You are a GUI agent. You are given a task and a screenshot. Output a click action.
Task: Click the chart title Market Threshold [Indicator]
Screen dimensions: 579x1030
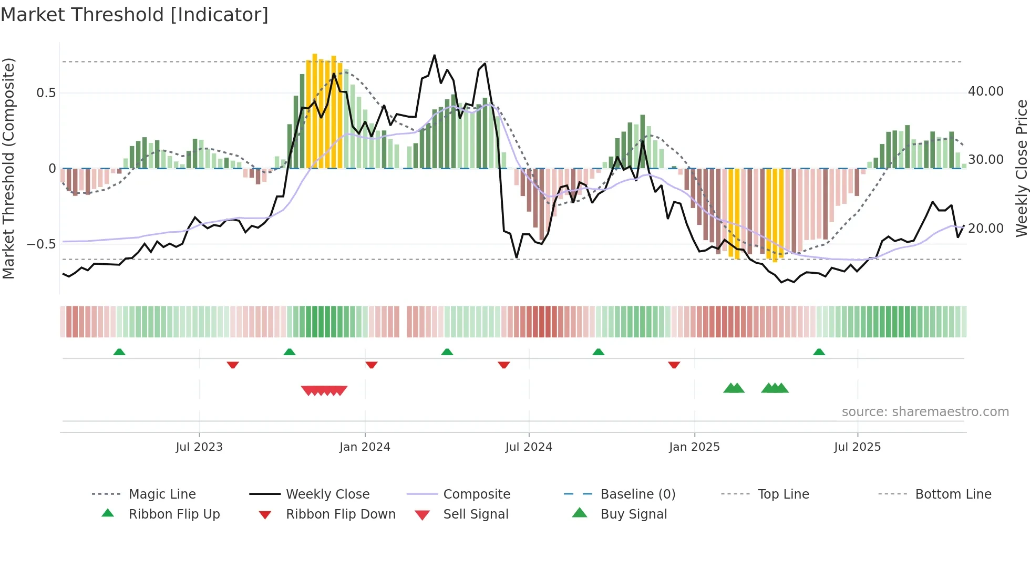point(135,15)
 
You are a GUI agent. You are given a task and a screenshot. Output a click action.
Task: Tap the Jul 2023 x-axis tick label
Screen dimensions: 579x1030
point(199,447)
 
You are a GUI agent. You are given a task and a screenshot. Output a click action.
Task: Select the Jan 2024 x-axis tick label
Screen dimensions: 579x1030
point(365,447)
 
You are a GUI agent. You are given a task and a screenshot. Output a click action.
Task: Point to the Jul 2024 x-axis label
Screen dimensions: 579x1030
point(529,447)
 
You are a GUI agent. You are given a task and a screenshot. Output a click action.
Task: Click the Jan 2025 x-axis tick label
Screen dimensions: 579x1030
point(694,447)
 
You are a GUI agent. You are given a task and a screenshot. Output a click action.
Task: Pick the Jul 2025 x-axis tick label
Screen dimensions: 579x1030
point(857,447)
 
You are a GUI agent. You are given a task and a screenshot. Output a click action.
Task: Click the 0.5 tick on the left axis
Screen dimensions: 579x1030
point(46,93)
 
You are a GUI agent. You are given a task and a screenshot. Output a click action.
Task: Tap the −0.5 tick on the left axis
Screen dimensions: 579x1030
point(41,244)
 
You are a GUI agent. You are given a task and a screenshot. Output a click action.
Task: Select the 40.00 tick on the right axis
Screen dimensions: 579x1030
point(986,91)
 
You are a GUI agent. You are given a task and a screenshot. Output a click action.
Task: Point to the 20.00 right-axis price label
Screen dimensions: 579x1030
point(986,229)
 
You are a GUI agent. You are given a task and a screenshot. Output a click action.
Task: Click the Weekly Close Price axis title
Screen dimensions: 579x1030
point(1021,168)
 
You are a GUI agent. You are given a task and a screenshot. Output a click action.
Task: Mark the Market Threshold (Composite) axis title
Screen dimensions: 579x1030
point(8,168)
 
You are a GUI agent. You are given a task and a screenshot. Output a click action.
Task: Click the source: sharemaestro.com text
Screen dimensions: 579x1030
point(925,412)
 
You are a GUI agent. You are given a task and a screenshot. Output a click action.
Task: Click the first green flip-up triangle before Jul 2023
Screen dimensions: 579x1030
point(119,352)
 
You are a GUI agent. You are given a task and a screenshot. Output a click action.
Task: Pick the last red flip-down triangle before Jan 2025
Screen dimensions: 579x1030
point(674,365)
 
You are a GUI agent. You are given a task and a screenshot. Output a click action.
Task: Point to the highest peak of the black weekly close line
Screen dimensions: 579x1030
point(435,55)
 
